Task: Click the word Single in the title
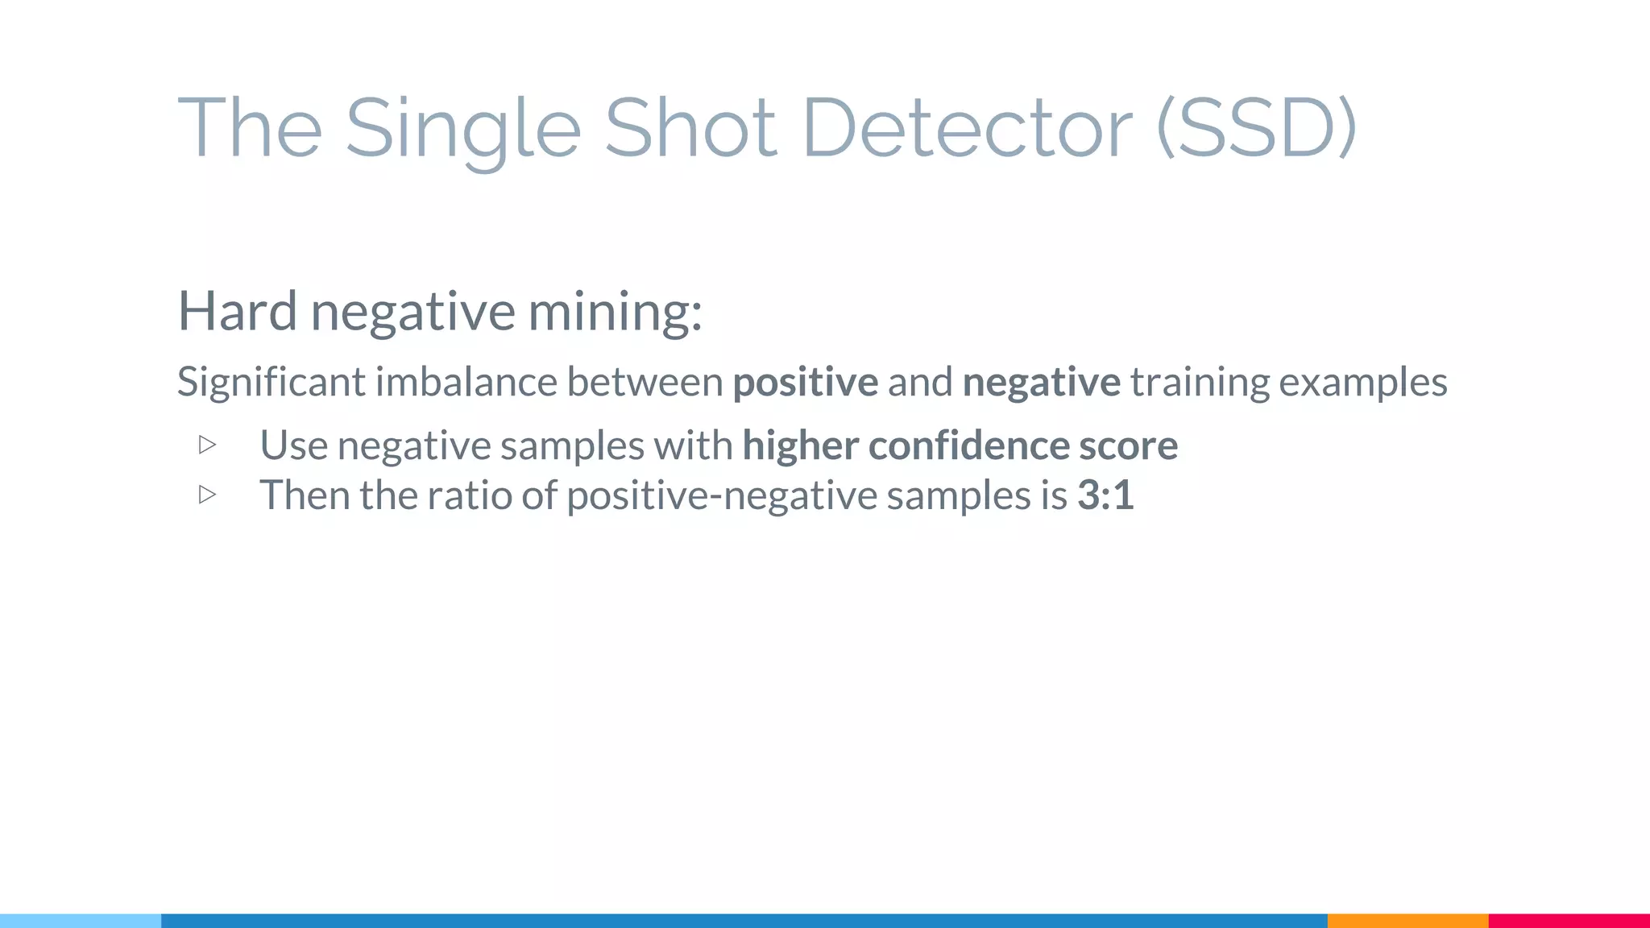462,129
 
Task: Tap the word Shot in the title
690,129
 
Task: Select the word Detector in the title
968,129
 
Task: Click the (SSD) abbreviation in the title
1257,129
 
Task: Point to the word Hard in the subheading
237,311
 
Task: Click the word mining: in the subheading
615,311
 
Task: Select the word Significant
271,382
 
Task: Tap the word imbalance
466,382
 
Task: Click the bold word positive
805,382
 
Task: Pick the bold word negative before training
1041,382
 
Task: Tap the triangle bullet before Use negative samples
207,445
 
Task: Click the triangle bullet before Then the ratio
207,495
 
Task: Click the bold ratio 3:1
1105,495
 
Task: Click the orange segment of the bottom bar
1407,921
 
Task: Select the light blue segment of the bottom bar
81,921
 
